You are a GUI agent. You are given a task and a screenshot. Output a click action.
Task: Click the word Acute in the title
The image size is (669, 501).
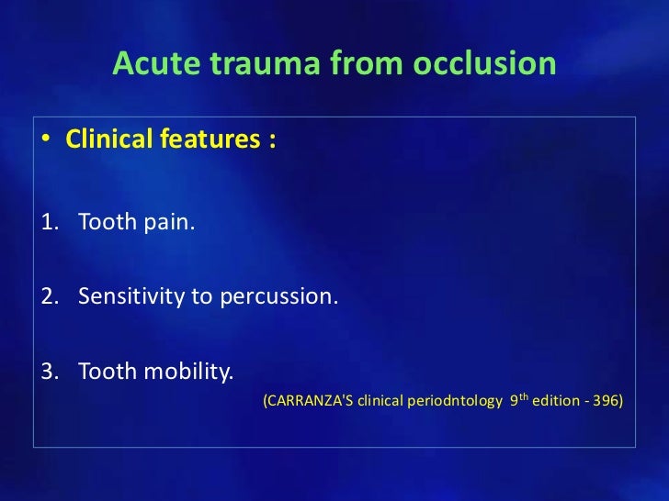[x=151, y=63]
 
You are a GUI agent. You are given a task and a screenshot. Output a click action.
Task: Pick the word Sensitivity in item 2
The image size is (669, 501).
[x=130, y=296]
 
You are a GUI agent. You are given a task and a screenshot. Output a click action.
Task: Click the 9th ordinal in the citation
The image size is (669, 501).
[x=518, y=400]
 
